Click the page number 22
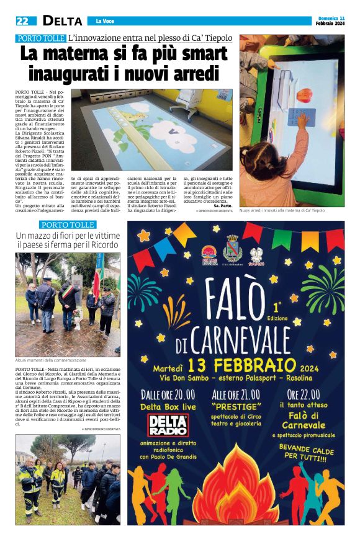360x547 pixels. click(22, 21)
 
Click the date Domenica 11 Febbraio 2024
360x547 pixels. click(329, 20)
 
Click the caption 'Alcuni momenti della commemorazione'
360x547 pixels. click(51, 360)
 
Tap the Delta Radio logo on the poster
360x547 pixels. click(168, 425)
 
